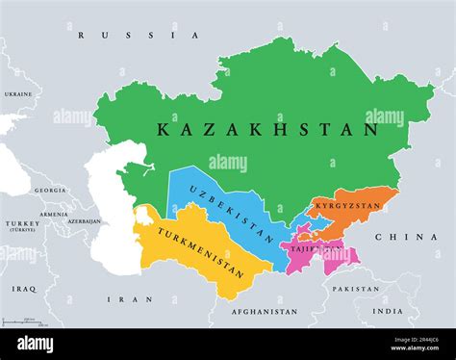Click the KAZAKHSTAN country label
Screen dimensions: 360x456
(x=267, y=127)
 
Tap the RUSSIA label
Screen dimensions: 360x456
(x=139, y=36)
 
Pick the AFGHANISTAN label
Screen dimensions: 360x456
(x=266, y=312)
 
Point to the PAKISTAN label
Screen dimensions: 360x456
(x=354, y=289)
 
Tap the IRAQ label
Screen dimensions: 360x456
(x=24, y=289)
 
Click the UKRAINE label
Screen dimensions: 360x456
(x=17, y=94)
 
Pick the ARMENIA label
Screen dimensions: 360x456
(x=54, y=215)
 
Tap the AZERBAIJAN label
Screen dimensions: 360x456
(x=84, y=221)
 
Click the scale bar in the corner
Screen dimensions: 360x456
(x=19, y=321)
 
